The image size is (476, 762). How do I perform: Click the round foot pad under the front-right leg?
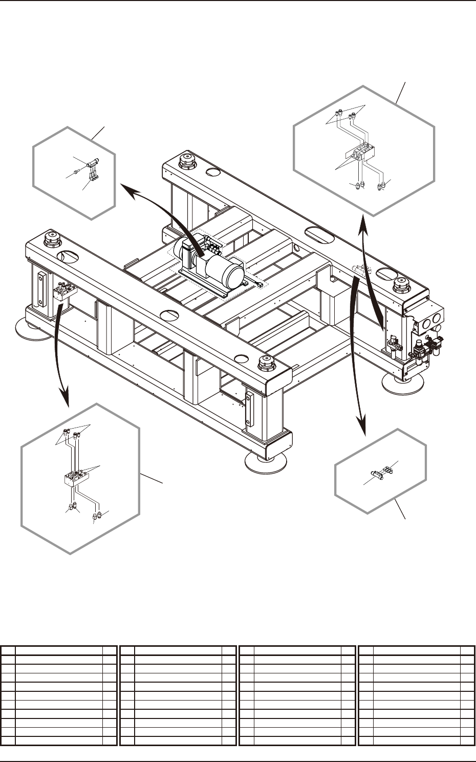click(266, 461)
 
